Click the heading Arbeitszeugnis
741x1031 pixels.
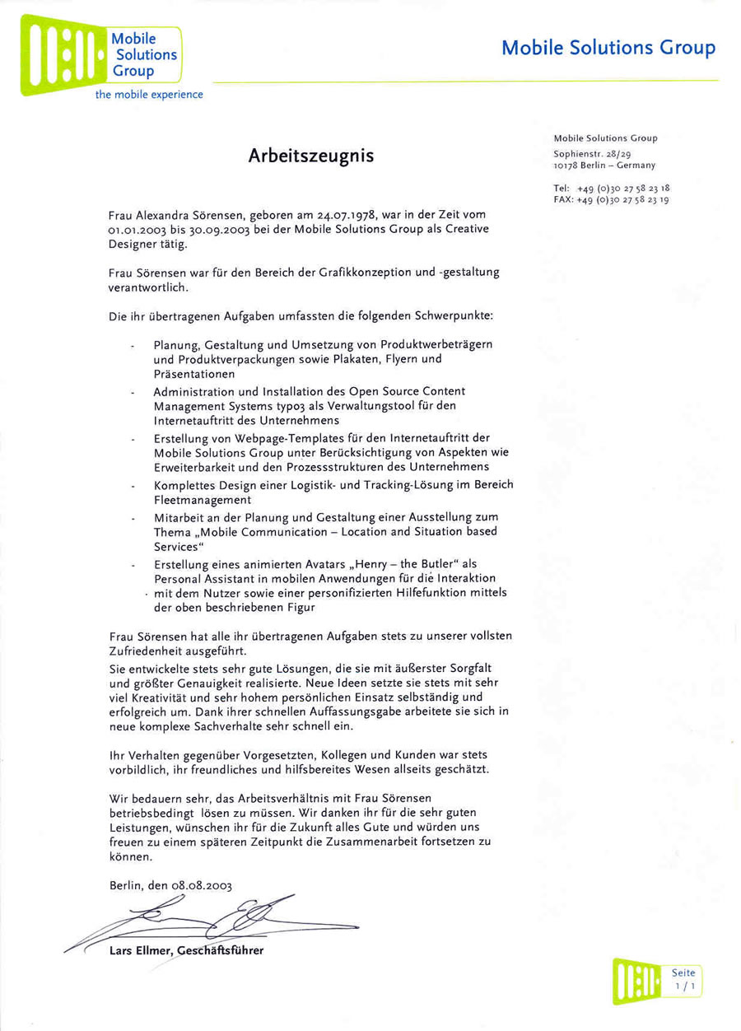(x=310, y=156)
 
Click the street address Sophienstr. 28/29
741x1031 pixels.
(x=593, y=153)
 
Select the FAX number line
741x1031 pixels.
(x=611, y=199)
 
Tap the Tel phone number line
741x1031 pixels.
(x=611, y=188)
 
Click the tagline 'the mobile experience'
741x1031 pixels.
(x=149, y=95)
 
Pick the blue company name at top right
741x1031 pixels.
(x=608, y=48)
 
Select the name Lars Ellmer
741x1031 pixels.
(x=141, y=952)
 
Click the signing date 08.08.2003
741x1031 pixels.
(x=202, y=885)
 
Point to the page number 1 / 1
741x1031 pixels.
(x=683, y=985)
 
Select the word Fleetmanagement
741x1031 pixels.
(x=202, y=500)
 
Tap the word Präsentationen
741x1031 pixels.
(x=194, y=374)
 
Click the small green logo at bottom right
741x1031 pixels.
(x=637, y=980)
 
